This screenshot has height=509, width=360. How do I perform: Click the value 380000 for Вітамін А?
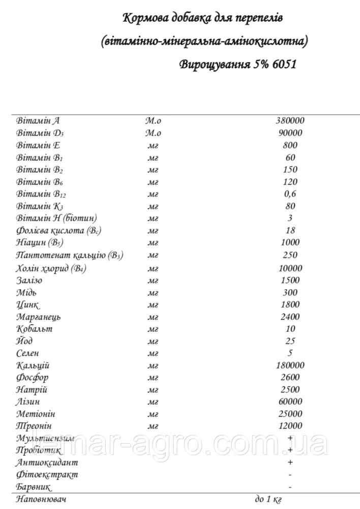(x=290, y=121)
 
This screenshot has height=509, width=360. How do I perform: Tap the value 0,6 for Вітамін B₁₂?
(x=290, y=194)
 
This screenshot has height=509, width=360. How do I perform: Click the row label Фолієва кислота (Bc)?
(x=59, y=231)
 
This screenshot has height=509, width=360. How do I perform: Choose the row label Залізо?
(x=30, y=280)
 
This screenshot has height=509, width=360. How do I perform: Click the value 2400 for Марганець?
(x=290, y=317)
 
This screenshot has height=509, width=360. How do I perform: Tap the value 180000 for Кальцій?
(x=290, y=365)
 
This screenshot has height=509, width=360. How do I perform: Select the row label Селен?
(x=28, y=353)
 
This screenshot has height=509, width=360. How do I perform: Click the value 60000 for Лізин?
(x=290, y=402)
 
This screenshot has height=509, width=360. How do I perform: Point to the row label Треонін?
(x=34, y=426)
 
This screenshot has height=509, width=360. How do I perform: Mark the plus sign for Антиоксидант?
(x=290, y=462)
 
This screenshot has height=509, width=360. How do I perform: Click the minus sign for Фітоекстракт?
(x=290, y=474)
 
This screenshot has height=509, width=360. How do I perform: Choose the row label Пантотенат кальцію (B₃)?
(x=70, y=256)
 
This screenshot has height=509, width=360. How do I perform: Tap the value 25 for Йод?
(x=290, y=341)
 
